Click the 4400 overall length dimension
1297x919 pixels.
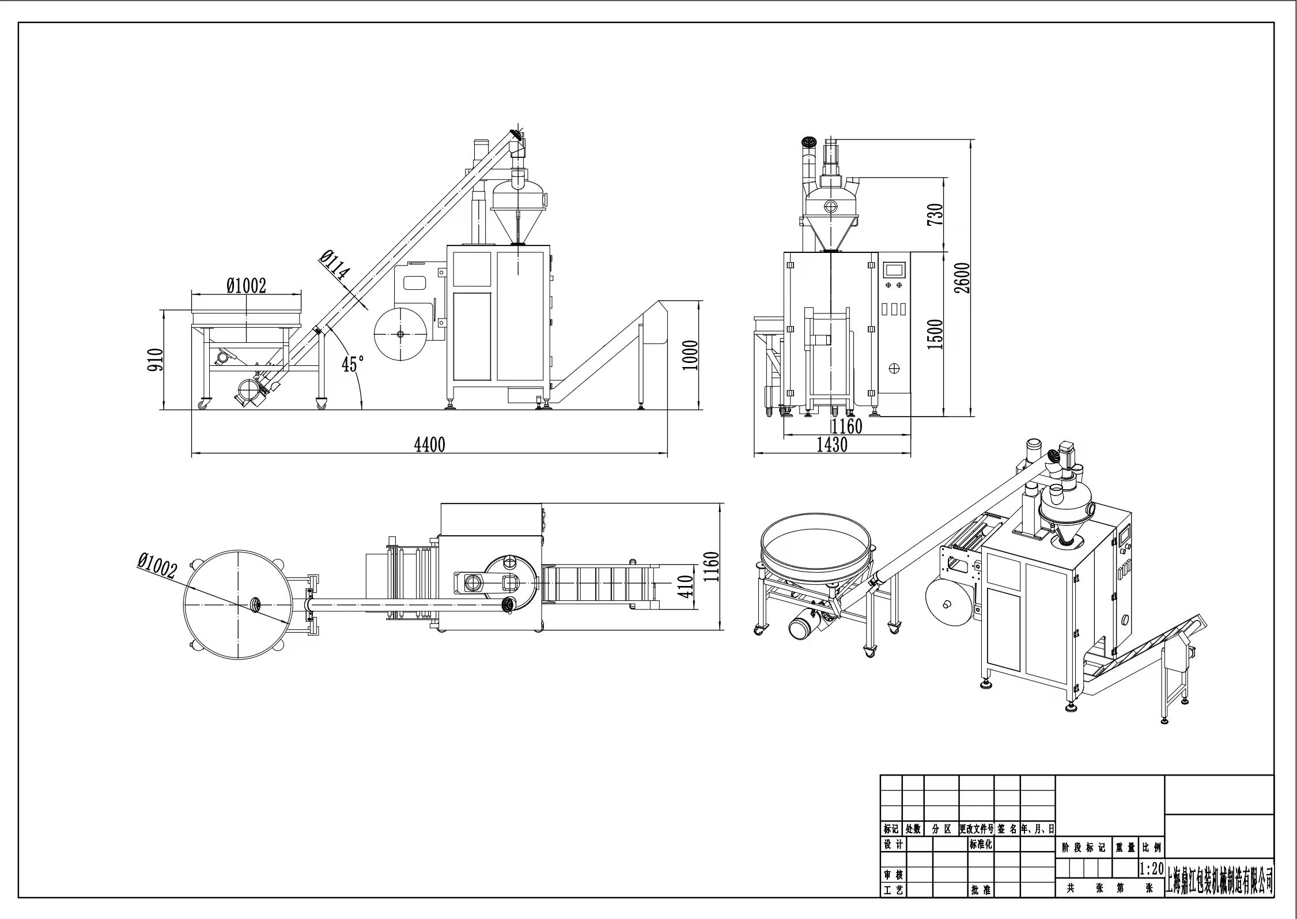click(x=430, y=445)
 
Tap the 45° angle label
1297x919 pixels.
click(x=353, y=364)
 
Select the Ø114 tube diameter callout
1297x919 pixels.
click(x=335, y=265)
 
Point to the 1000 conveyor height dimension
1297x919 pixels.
click(x=690, y=356)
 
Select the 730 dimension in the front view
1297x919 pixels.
click(x=936, y=214)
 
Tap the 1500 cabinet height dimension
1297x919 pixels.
click(x=936, y=334)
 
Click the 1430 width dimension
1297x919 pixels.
click(x=832, y=445)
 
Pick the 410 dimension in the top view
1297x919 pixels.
click(x=686, y=587)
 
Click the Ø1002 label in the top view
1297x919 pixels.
click(x=157, y=565)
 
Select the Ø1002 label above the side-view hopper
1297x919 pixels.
click(x=246, y=285)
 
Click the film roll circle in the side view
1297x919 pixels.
click(x=400, y=334)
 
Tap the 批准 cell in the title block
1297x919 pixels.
click(x=981, y=906)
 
